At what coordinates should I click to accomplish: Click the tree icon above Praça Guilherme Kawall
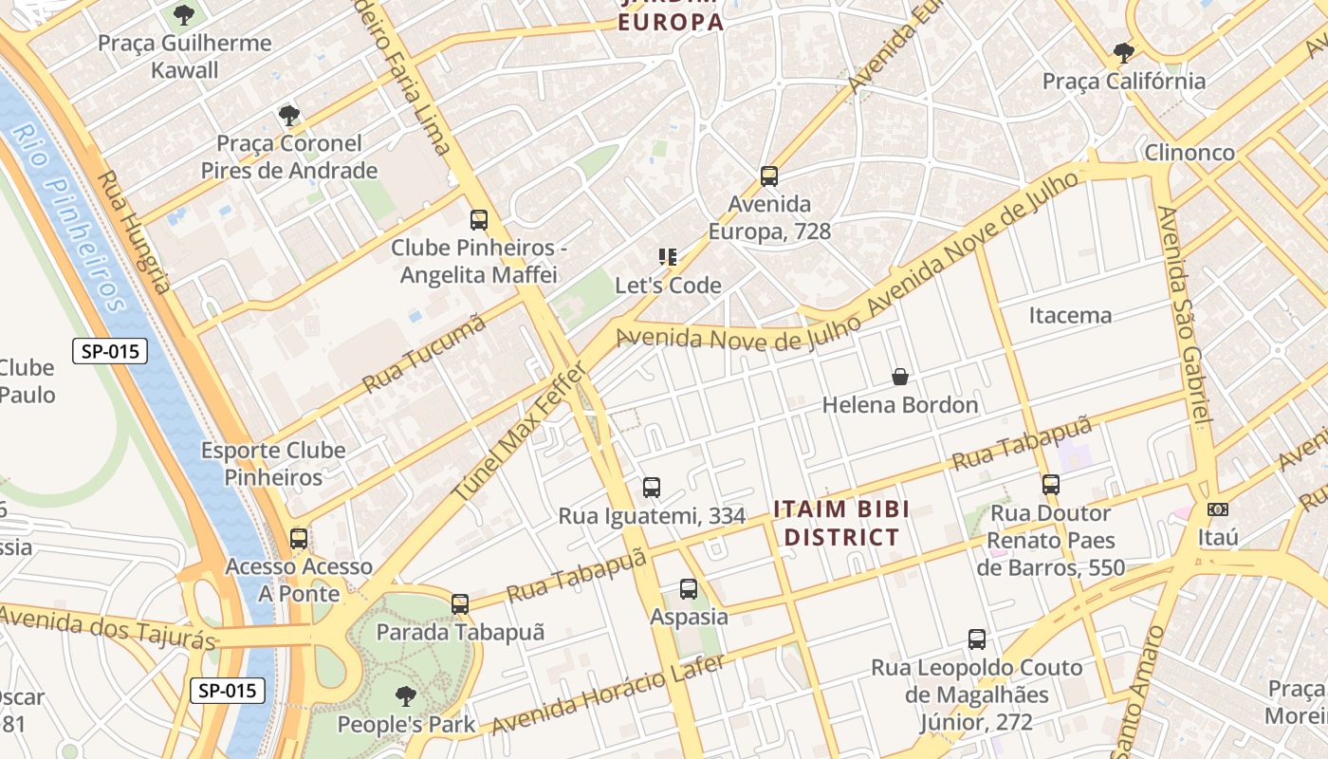(183, 15)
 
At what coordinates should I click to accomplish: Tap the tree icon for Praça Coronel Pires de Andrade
(289, 116)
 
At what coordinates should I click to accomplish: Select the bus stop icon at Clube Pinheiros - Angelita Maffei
(479, 220)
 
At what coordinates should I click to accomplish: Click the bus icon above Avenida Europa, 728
(769, 176)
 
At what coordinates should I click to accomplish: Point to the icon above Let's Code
(668, 257)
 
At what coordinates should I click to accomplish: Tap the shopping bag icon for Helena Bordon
(900, 378)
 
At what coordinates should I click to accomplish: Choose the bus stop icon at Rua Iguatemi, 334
(652, 488)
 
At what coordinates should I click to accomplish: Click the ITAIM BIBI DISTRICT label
(836, 523)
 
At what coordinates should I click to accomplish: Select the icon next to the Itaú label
(1218, 509)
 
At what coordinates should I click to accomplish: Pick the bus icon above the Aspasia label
(689, 589)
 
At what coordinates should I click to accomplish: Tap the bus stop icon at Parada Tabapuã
(460, 604)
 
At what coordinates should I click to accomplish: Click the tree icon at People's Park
(406, 696)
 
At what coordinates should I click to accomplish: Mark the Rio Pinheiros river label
(70, 218)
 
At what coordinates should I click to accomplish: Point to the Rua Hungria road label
(135, 232)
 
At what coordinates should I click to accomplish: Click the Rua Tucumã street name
(424, 353)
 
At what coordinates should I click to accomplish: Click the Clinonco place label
(1190, 153)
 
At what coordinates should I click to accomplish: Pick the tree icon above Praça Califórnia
(1124, 52)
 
